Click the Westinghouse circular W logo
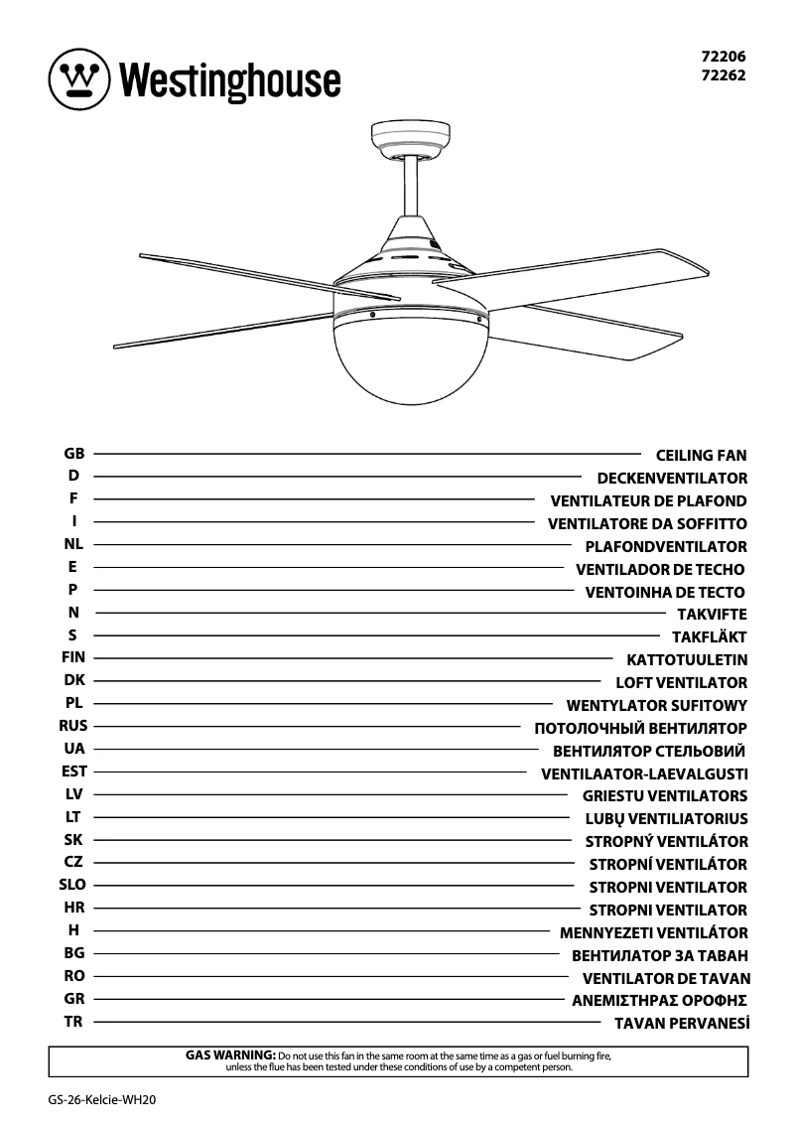[x=78, y=77]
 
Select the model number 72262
[x=725, y=74]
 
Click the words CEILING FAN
[x=702, y=456]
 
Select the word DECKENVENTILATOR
[x=672, y=479]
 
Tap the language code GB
[x=73, y=454]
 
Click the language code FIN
[x=73, y=657]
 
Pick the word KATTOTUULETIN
[x=687, y=659]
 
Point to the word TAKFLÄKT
[x=709, y=637]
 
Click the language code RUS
[x=73, y=726]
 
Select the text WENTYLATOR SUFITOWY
[x=657, y=706]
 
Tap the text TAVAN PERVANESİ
[x=681, y=1023]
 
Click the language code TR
[x=73, y=1021]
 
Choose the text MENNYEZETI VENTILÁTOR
[x=653, y=932]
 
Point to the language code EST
[x=73, y=771]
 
